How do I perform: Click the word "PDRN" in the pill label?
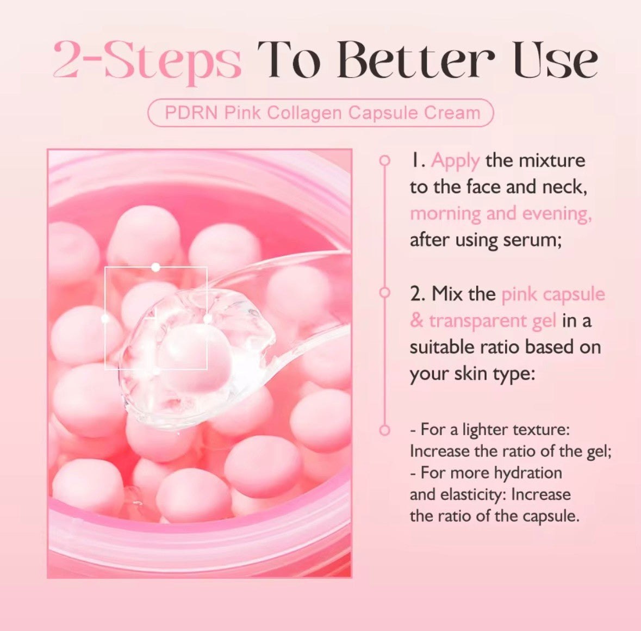tap(191, 113)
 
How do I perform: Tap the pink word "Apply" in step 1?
tap(455, 160)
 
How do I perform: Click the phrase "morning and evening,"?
tap(501, 213)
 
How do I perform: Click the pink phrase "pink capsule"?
tap(553, 294)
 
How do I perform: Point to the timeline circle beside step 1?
tap(385, 160)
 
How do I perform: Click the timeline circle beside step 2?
tap(385, 293)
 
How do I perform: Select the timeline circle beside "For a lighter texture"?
tap(385, 430)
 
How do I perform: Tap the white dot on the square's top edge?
tap(156, 267)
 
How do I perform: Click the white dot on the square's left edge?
tap(105, 318)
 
